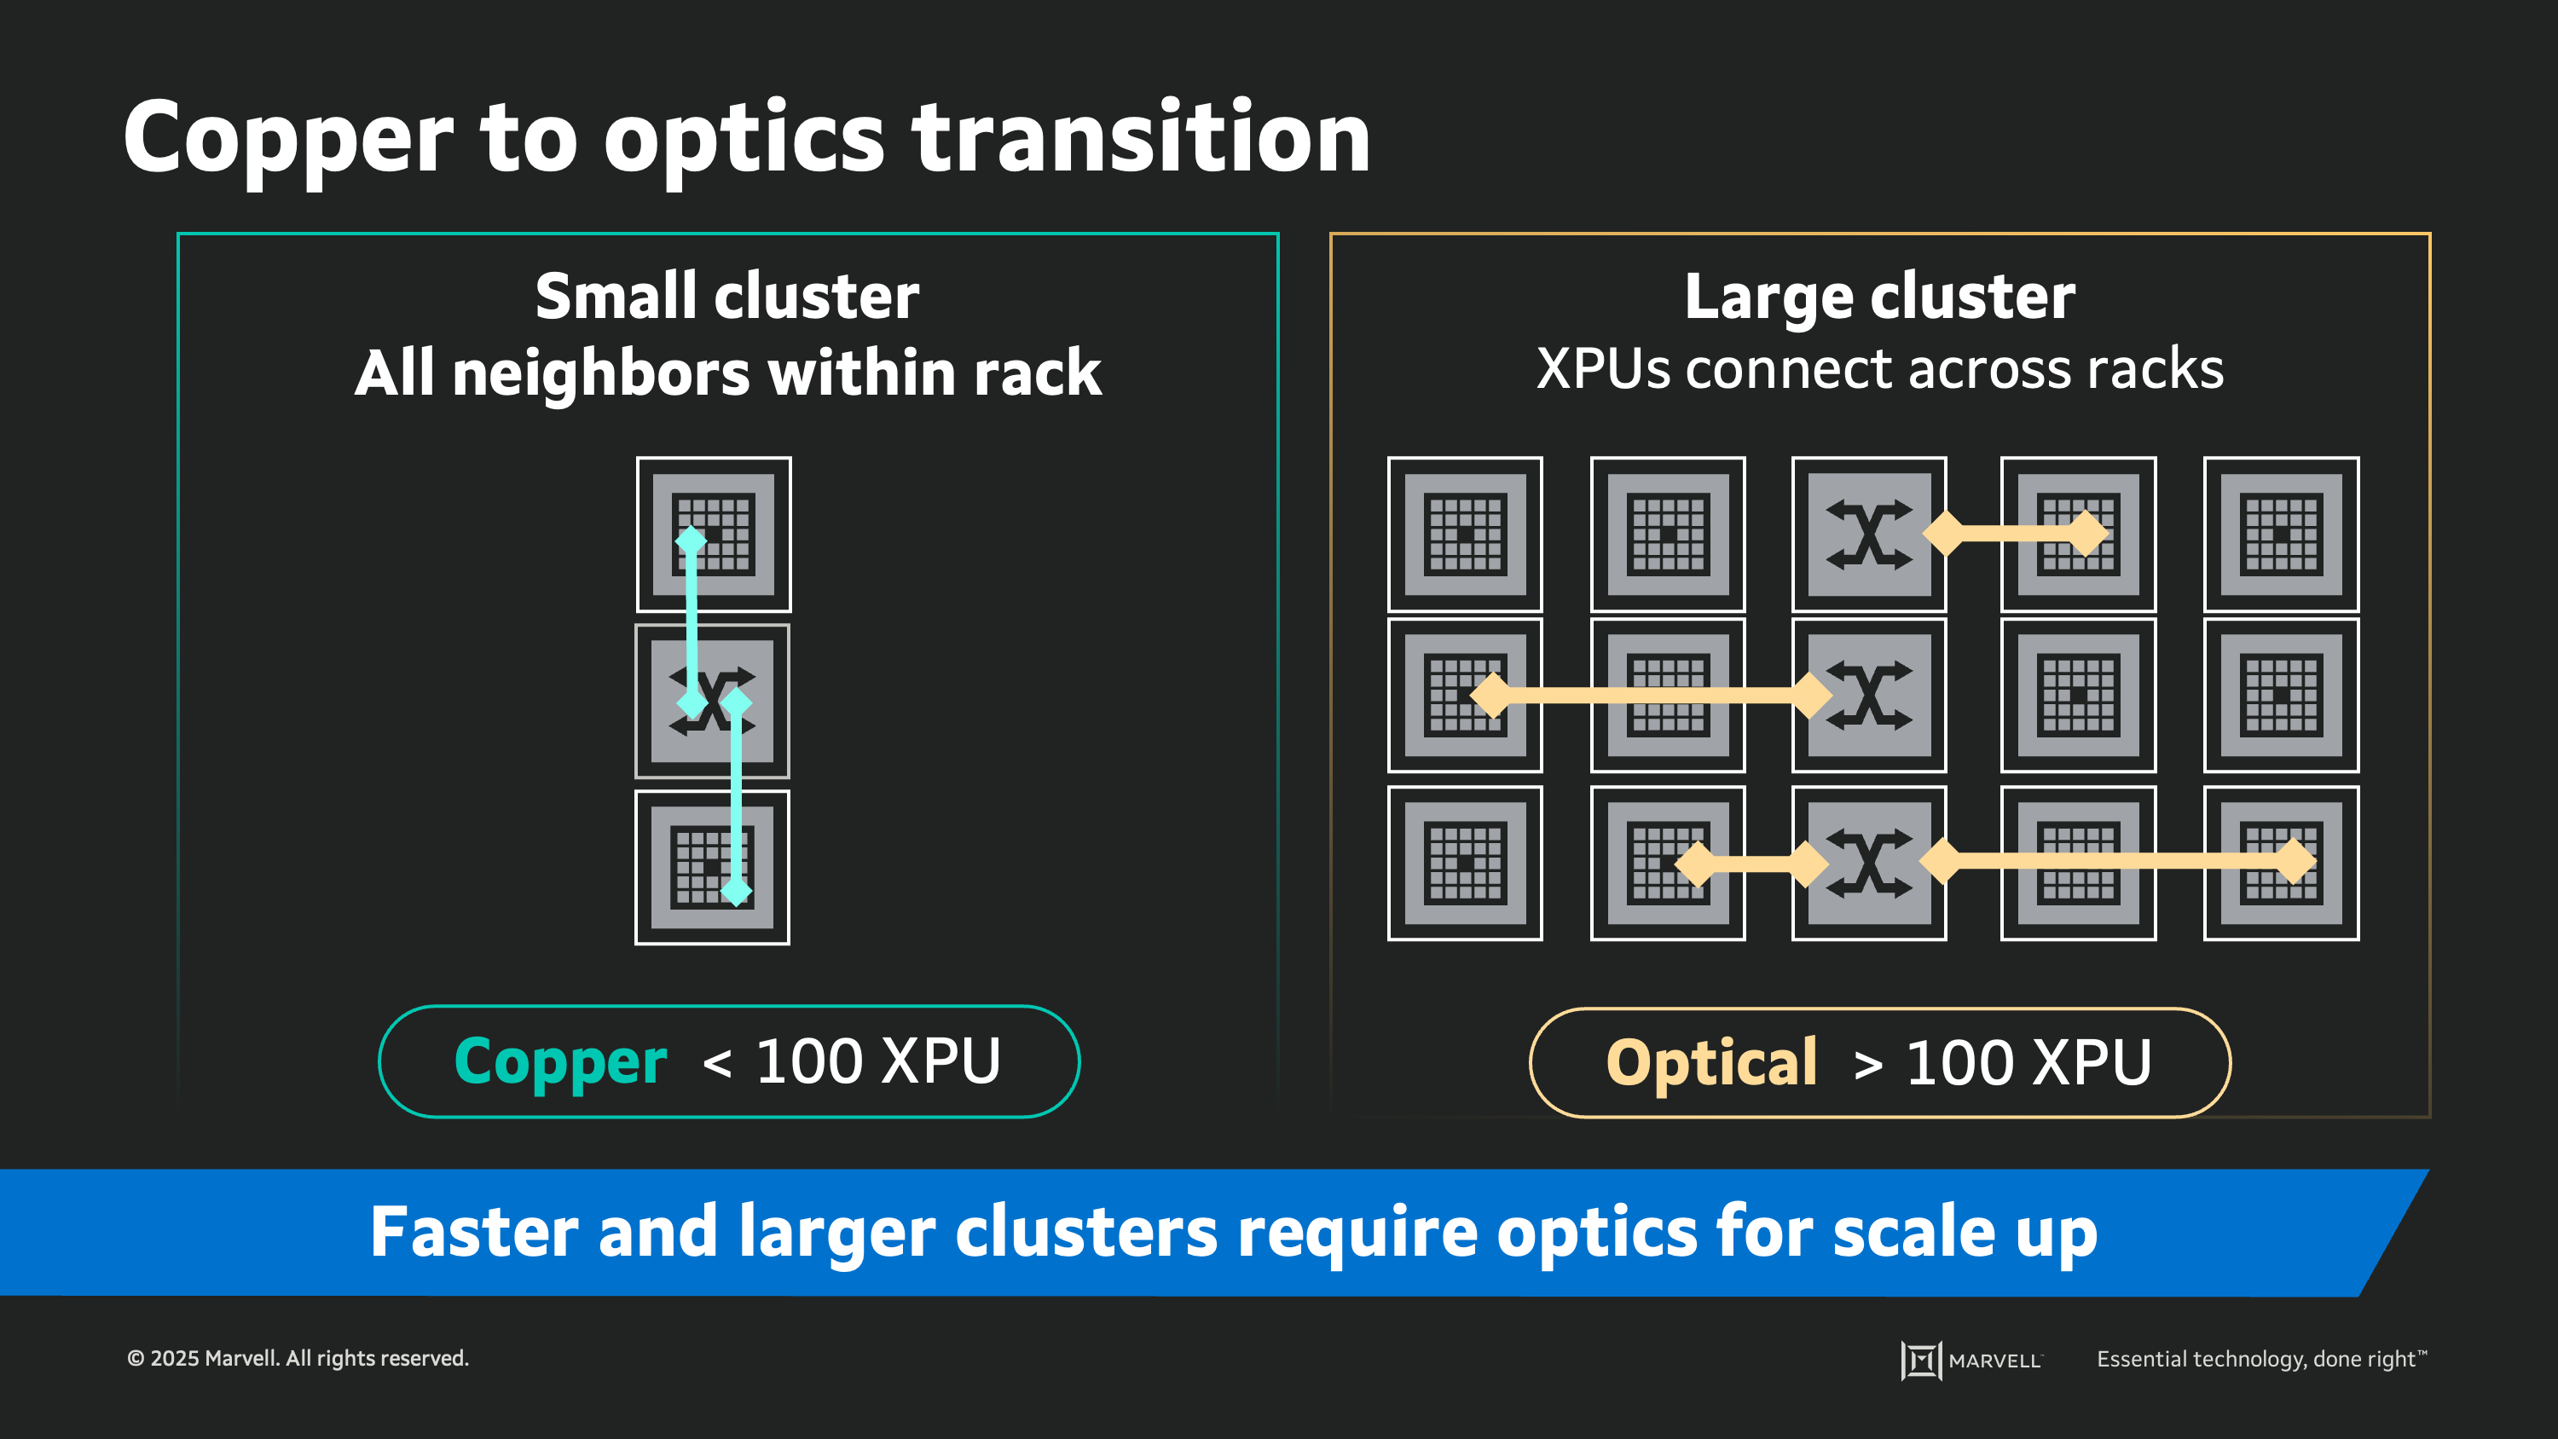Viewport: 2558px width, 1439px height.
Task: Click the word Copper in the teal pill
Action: [560, 1061]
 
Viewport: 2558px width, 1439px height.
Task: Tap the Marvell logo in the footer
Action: [1971, 1360]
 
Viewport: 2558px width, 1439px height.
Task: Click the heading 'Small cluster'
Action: [726, 296]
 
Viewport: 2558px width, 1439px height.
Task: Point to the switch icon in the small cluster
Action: [712, 701]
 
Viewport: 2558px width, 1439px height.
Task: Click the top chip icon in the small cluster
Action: [713, 535]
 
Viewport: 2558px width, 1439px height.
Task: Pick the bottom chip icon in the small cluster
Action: [712, 867]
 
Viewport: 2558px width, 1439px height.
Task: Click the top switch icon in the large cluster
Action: [1869, 535]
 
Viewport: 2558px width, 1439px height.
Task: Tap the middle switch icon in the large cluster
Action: [1869, 695]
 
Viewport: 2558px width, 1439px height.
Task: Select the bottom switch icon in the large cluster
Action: [1869, 863]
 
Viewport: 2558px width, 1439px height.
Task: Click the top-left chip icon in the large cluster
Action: [1465, 535]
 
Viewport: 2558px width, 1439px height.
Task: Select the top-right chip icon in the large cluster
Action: [2281, 535]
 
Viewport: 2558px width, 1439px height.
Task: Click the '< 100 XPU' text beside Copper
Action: [851, 1061]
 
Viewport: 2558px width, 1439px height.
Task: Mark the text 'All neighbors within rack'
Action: [726, 373]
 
